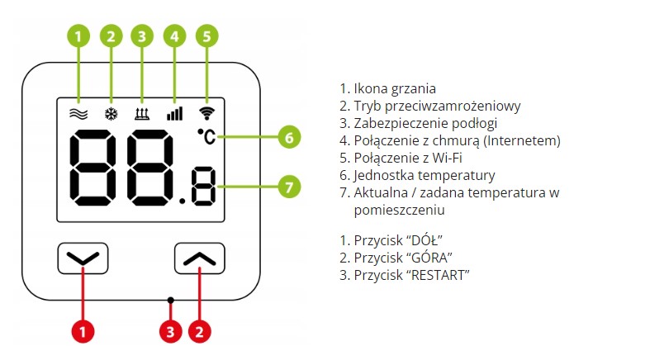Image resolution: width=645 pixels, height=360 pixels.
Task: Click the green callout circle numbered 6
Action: (287, 137)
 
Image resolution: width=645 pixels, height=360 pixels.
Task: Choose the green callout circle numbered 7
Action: (287, 187)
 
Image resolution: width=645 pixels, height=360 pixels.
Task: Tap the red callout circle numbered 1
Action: (83, 333)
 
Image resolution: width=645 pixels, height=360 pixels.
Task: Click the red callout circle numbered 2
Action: (199, 333)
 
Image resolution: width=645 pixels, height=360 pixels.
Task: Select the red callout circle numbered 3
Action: (170, 333)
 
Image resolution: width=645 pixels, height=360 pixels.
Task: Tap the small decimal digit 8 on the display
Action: (202, 187)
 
